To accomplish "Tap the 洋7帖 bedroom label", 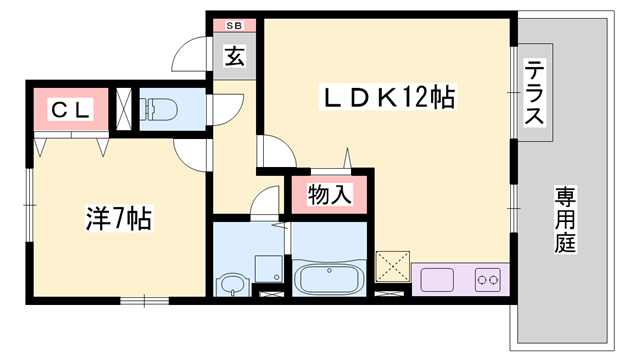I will (117, 218).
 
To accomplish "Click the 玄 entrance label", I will (234, 58).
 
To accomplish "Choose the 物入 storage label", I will (327, 193).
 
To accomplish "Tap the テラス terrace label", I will (535, 92).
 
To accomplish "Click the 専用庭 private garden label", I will (565, 220).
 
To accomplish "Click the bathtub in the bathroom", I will (329, 279).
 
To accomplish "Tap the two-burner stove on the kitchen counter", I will (488, 278).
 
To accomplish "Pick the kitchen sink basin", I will (438, 278).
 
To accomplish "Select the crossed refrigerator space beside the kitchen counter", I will (392, 266).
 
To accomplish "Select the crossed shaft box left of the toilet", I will (125, 110).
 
